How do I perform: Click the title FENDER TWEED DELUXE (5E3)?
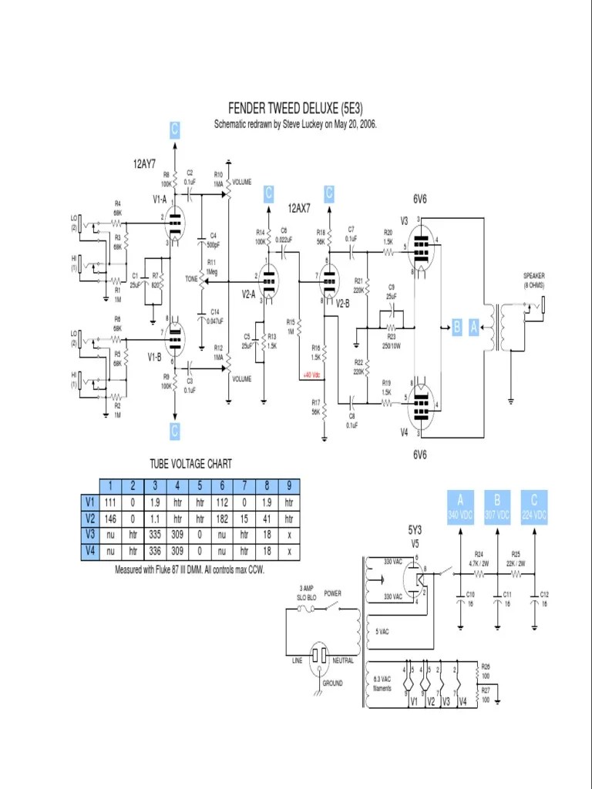pos(295,109)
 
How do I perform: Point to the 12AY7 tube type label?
pos(144,163)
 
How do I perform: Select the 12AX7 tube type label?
pos(298,208)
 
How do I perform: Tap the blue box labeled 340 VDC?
pos(459,506)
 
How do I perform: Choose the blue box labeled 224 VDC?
pos(534,506)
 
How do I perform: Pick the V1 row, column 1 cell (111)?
pos(111,502)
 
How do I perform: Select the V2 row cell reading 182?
pos(221,519)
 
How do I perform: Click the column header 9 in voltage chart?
pos(289,485)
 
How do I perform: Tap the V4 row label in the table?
pos(89,552)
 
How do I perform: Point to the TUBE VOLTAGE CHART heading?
pos(190,464)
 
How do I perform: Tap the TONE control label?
pos(191,278)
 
